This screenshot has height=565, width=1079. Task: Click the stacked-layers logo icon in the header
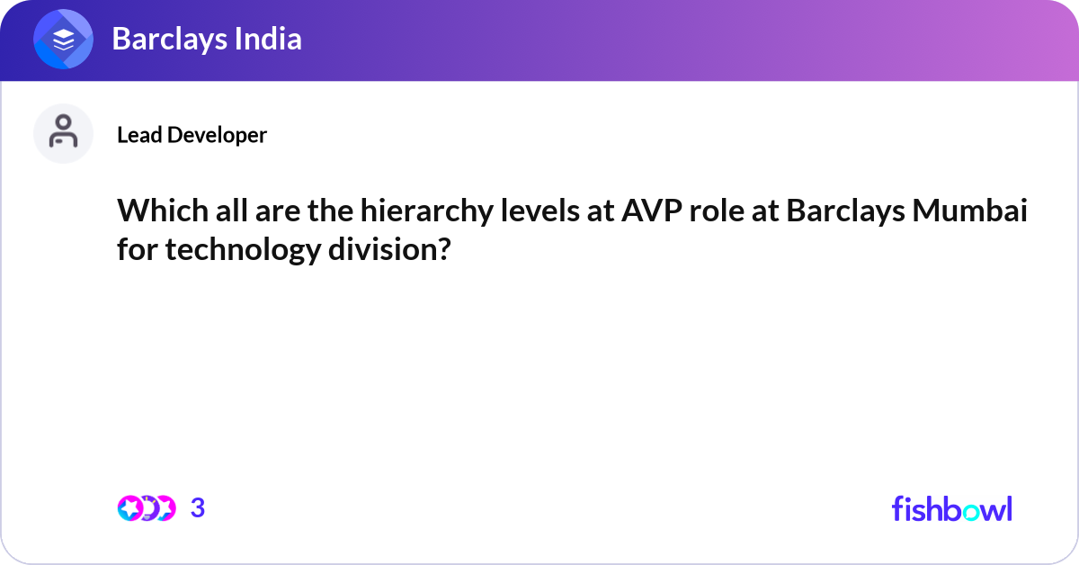(x=63, y=40)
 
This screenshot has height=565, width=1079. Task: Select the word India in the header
(x=268, y=40)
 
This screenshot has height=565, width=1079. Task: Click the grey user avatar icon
(x=63, y=133)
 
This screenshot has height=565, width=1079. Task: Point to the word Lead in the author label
(x=139, y=135)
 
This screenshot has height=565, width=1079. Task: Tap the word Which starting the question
(x=158, y=214)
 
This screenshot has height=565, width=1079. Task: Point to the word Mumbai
(x=973, y=214)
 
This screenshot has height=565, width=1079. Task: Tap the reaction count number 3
(x=198, y=508)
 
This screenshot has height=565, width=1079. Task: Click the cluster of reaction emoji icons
(x=146, y=508)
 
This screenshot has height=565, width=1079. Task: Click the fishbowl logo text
(x=951, y=508)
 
